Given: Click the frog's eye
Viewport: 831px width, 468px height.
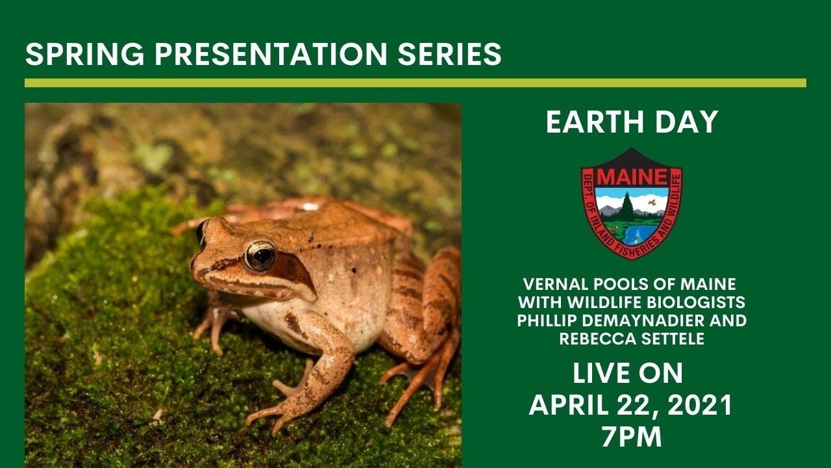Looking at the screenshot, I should point(260,255).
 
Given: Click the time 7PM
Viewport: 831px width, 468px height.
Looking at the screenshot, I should point(631,437).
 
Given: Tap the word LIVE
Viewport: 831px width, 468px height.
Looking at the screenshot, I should point(599,374).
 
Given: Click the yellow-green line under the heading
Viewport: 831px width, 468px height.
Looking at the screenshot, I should point(415,83).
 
